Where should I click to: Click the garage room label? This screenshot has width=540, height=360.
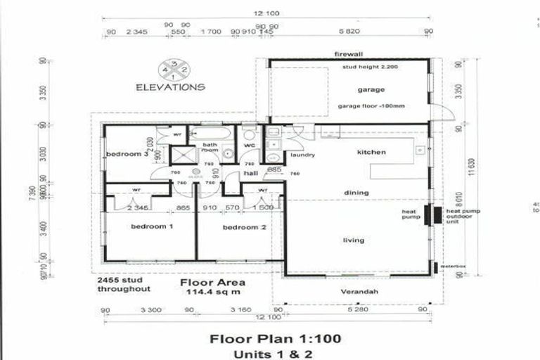(x=371, y=90)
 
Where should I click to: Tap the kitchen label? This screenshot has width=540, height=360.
(x=371, y=153)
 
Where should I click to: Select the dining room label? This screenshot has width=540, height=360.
(x=356, y=192)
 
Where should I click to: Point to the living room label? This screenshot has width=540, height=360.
(x=353, y=240)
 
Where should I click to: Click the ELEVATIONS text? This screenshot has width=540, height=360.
(x=171, y=88)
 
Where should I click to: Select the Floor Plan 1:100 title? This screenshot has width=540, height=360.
(x=276, y=339)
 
